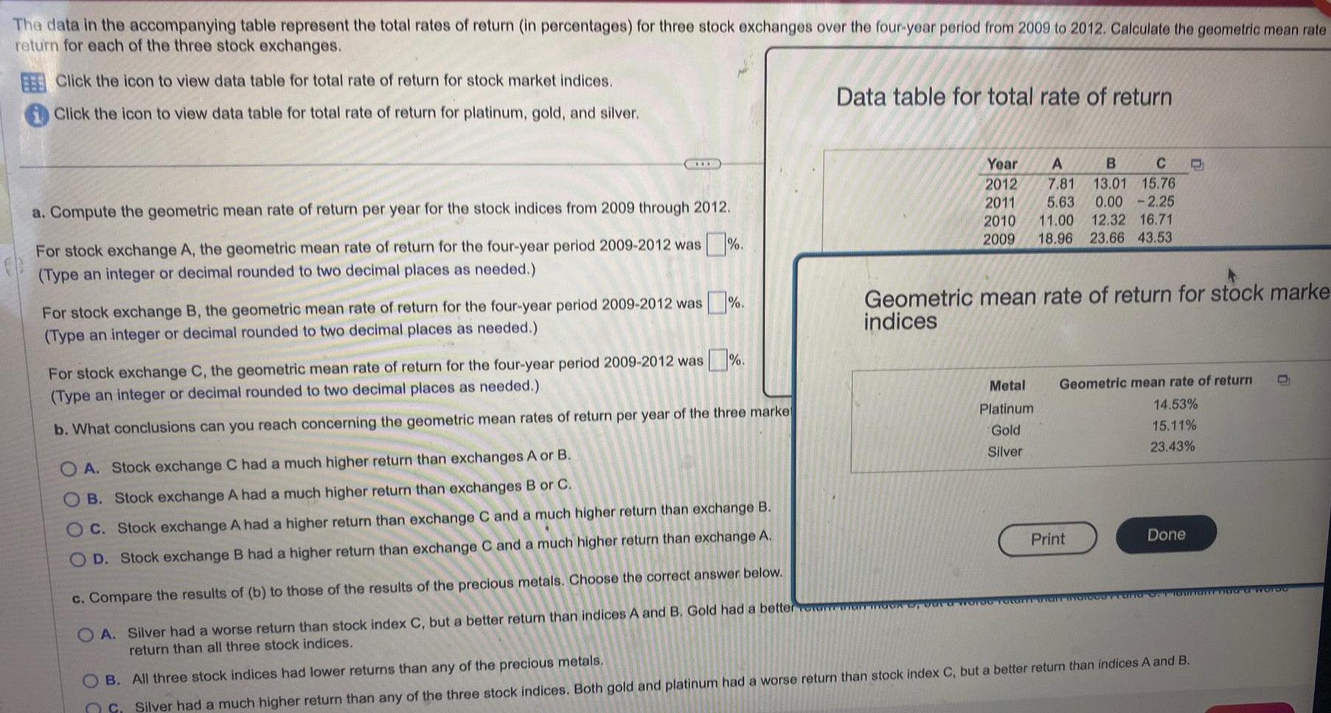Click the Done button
tap(1165, 535)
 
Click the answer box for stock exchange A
tap(715, 243)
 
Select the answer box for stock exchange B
tap(716, 302)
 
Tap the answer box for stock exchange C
tap(717, 361)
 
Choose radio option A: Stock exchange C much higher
tap(69, 468)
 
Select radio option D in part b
tap(77, 560)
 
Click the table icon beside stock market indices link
tap(32, 83)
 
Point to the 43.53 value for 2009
tap(1154, 237)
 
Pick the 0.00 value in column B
tap(1108, 201)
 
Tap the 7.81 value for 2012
tap(1060, 183)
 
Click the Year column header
tap(1001, 164)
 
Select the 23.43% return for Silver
tap(1172, 446)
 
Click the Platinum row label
tap(1006, 408)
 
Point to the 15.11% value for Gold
tap(1174, 425)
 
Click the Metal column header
tap(1007, 385)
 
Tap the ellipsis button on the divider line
tap(702, 164)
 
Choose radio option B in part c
tap(90, 679)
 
